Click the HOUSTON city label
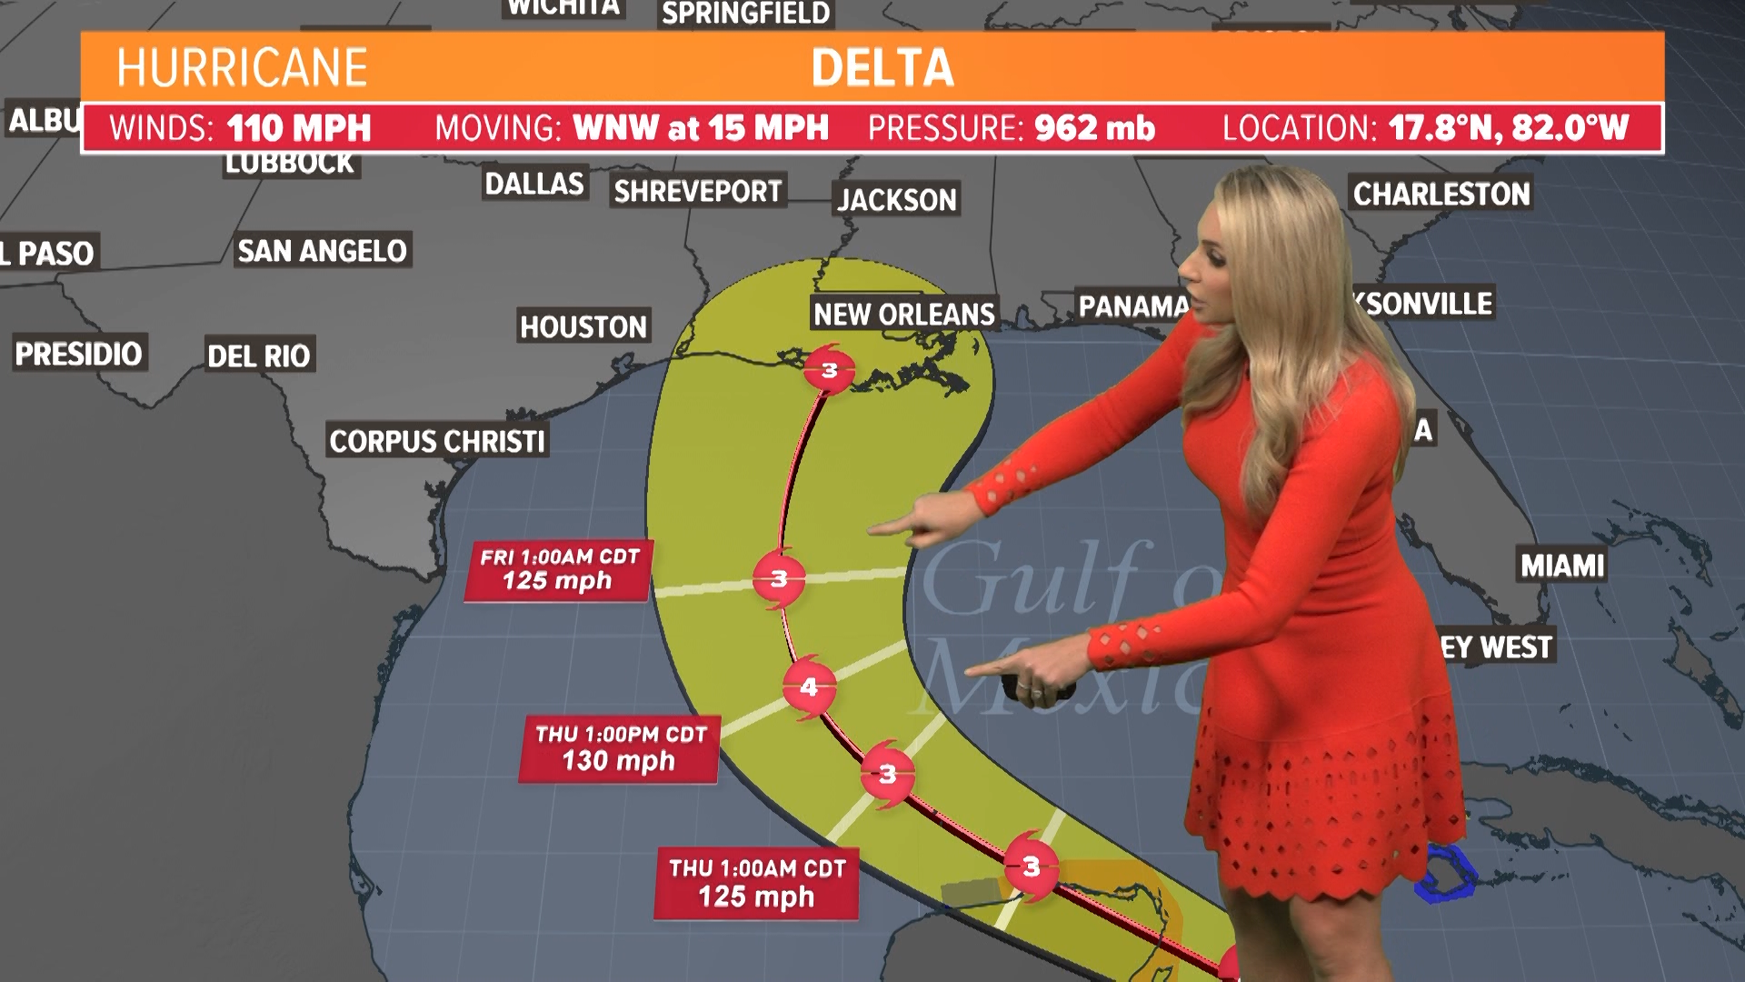[583, 326]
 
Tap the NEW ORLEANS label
[903, 315]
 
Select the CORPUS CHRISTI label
[437, 441]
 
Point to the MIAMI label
[1562, 566]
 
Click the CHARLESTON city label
[1441, 194]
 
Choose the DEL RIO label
[259, 356]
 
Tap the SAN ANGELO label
[322, 250]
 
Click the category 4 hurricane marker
[809, 687]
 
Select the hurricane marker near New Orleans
[829, 370]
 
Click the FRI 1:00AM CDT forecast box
[558, 570]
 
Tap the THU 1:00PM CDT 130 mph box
[620, 748]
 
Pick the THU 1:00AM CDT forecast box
[756, 883]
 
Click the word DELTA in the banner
[882, 68]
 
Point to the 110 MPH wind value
[299, 128]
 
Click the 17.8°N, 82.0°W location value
[1509, 128]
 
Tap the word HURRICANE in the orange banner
[242, 68]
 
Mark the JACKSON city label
[897, 199]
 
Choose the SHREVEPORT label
[698, 191]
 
